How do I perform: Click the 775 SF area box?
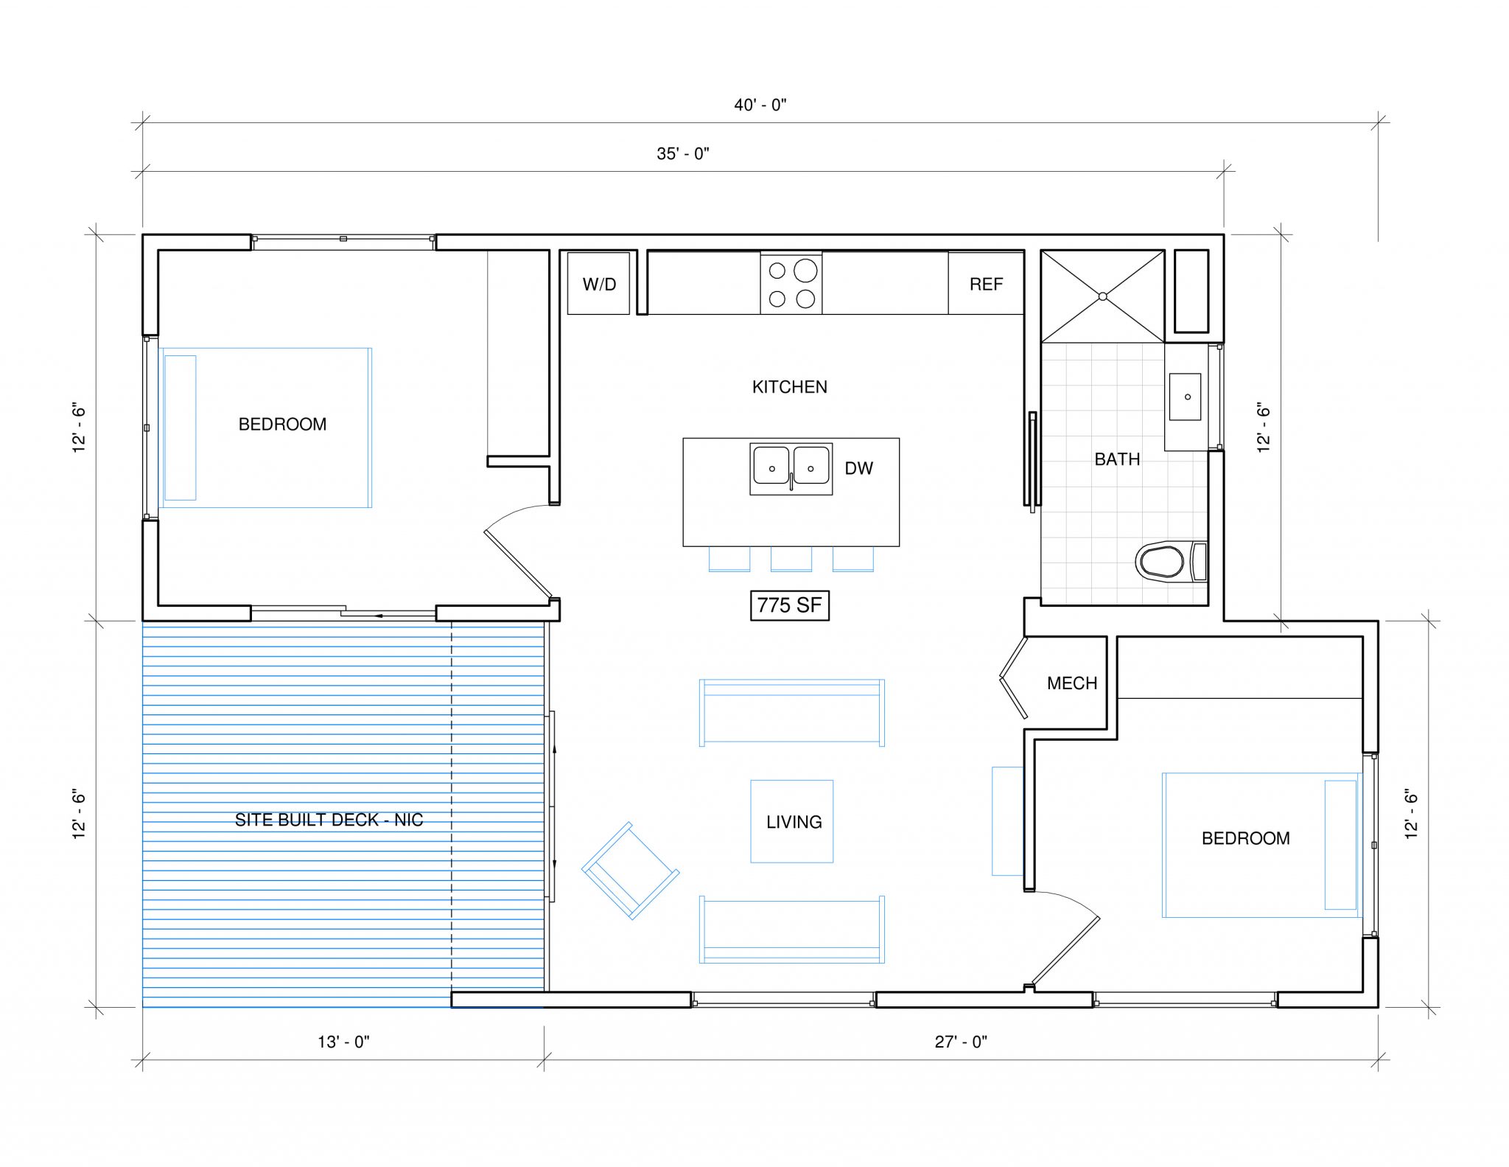tap(789, 605)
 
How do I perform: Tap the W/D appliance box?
tap(598, 284)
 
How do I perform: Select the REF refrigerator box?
tap(986, 284)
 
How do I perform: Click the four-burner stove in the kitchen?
tap(791, 284)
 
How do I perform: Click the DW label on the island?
tap(858, 468)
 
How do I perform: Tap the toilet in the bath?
tap(1164, 562)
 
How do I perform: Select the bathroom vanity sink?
tap(1186, 397)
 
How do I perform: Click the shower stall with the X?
tap(1102, 296)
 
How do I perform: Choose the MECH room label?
tap(1072, 683)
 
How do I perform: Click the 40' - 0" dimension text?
tap(760, 105)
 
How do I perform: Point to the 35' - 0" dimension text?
tap(682, 153)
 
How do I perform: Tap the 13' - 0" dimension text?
tap(343, 1042)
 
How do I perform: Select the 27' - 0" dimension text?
tap(961, 1042)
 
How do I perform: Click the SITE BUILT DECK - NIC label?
tap(329, 820)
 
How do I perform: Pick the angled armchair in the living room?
tap(630, 871)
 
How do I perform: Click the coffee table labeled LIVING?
tap(792, 821)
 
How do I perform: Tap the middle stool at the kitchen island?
tap(791, 559)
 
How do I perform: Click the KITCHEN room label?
tap(789, 387)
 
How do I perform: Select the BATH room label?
tap(1117, 459)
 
